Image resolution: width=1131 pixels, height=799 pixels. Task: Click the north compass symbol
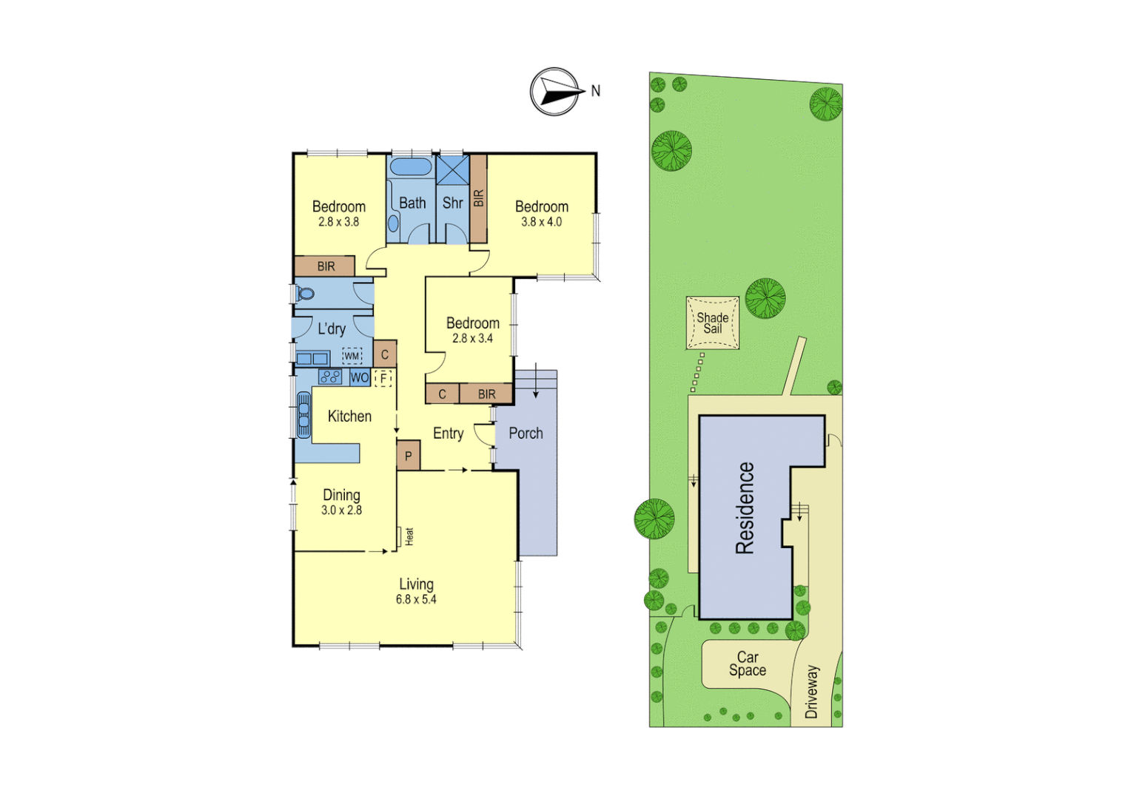click(x=554, y=92)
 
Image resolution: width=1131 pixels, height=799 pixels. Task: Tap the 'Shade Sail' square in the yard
click(x=712, y=323)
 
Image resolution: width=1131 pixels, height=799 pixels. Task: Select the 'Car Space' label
click(x=747, y=664)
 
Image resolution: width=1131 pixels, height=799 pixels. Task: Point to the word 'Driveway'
click(x=812, y=692)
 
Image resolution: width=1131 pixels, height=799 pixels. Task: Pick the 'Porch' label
click(x=526, y=434)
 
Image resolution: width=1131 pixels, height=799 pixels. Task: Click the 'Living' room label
click(x=416, y=584)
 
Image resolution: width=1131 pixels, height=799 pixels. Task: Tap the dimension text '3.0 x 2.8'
click(x=341, y=510)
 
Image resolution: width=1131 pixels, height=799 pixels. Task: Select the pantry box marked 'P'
click(x=408, y=456)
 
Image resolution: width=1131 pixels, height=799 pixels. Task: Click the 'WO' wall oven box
click(x=360, y=377)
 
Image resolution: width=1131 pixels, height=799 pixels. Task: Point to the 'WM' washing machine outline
click(x=352, y=356)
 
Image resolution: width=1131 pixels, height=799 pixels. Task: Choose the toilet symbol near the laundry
click(x=305, y=293)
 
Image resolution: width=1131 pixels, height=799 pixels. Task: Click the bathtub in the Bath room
click(x=411, y=166)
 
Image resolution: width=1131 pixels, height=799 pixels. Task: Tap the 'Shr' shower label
click(x=452, y=203)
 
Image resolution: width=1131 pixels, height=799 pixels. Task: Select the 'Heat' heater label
click(x=409, y=536)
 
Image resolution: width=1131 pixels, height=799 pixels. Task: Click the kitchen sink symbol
click(x=303, y=415)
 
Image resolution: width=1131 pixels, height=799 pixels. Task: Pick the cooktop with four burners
click(x=330, y=377)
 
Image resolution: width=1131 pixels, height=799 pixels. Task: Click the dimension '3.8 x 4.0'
click(x=541, y=222)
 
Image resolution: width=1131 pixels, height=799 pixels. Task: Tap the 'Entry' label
click(x=448, y=434)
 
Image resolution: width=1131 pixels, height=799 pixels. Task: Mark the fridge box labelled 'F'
click(x=383, y=379)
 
